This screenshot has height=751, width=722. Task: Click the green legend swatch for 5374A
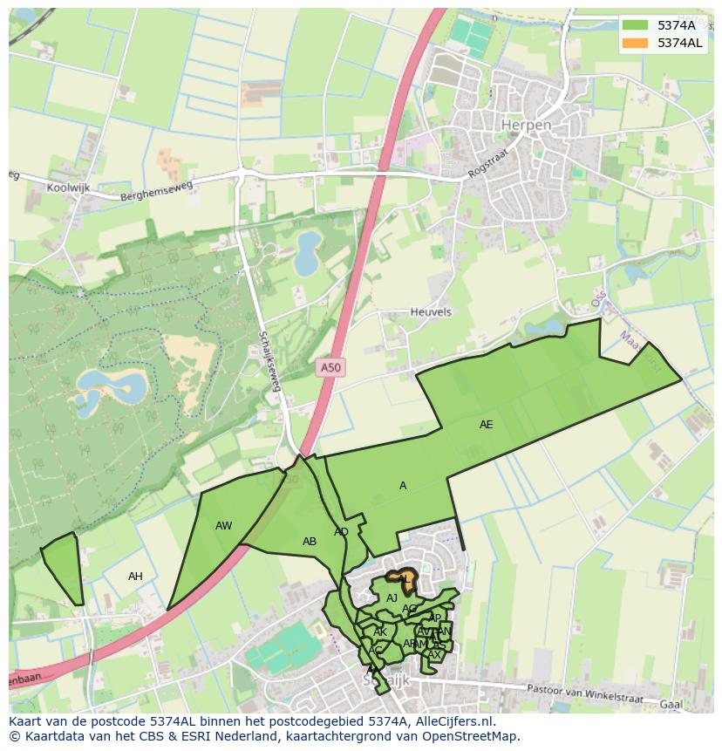tap(636, 25)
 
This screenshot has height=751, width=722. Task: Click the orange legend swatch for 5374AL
tap(636, 43)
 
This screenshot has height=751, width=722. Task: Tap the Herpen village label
tap(526, 126)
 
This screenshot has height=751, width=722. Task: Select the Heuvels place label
tap(431, 311)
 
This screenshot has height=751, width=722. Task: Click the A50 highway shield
tap(330, 368)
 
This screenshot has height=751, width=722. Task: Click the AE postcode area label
tap(486, 425)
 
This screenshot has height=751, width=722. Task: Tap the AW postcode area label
tap(223, 526)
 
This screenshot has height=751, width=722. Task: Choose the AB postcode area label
tap(309, 542)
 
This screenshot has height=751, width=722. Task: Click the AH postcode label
tap(135, 577)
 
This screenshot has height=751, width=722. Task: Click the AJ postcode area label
tap(392, 598)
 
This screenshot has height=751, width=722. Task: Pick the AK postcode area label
tap(380, 632)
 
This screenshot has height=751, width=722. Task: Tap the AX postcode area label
tap(433, 655)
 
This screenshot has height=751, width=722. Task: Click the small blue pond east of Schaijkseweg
tap(307, 252)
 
